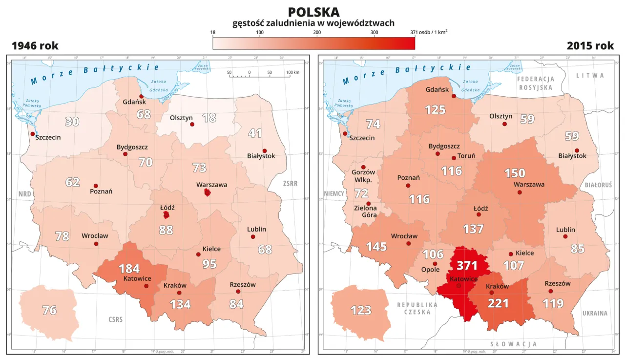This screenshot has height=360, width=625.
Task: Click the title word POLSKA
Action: (x=313, y=12)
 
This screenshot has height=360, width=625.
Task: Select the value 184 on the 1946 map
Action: (x=129, y=269)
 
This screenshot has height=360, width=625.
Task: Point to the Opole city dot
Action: (x=435, y=264)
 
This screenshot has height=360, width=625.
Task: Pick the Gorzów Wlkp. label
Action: (x=363, y=176)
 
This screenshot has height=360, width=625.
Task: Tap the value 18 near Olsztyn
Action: (x=209, y=118)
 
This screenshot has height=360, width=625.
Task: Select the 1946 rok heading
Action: (x=35, y=46)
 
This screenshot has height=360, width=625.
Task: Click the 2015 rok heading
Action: (x=590, y=46)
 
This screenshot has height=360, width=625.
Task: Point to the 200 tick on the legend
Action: (x=317, y=33)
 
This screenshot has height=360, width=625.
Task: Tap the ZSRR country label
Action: (x=290, y=184)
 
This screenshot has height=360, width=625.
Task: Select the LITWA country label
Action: (x=590, y=76)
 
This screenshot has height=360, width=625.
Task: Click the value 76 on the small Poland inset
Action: (x=49, y=310)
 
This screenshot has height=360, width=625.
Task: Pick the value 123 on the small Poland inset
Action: (x=361, y=310)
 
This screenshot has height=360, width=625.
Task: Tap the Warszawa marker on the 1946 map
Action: (x=208, y=193)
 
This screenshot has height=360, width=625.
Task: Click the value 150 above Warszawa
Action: (x=515, y=173)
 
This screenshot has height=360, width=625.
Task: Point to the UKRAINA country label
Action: (x=594, y=313)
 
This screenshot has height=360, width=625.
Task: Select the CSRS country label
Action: (x=116, y=320)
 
